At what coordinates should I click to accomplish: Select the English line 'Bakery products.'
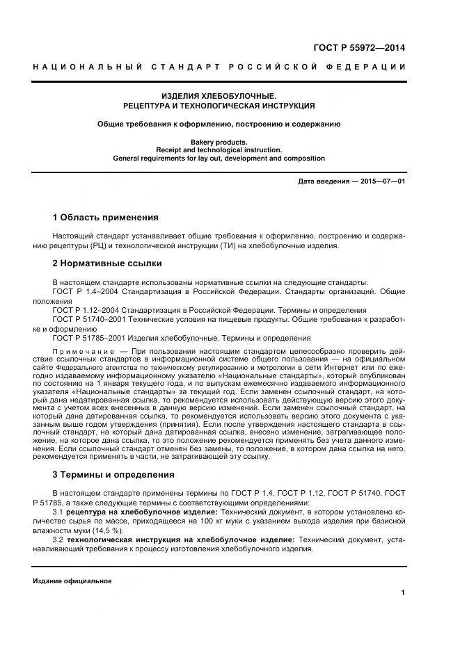(x=219, y=141)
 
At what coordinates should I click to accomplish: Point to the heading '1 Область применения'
(x=106, y=217)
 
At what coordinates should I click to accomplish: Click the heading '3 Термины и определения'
(x=113, y=475)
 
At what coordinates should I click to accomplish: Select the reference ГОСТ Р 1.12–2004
(x=88, y=309)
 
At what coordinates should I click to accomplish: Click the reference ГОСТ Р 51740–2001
(x=90, y=318)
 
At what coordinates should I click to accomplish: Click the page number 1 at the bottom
(x=403, y=592)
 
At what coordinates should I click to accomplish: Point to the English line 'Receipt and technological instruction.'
(x=219, y=149)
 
